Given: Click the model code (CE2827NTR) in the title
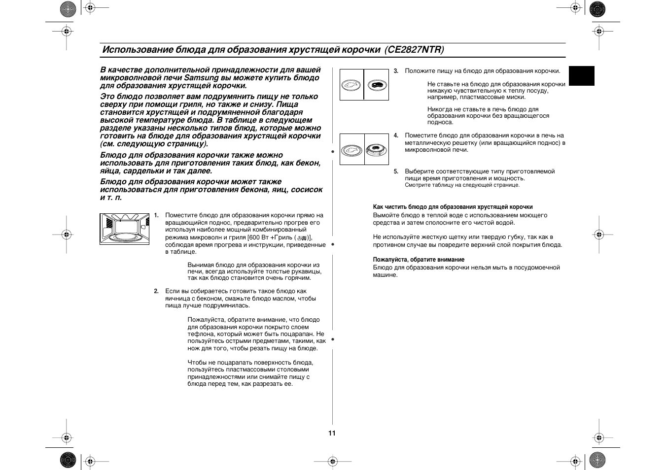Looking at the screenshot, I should (415, 50).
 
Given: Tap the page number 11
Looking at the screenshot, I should (332, 433).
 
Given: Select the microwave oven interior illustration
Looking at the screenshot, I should (124, 229).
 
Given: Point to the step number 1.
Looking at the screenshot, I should (156, 215).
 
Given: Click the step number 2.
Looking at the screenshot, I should (156, 291).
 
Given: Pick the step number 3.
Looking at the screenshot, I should (395, 71).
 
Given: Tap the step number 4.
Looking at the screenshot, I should (395, 135).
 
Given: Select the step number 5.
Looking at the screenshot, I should (395, 171).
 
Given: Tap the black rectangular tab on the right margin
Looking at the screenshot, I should (582, 76).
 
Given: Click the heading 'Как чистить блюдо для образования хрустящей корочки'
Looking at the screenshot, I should (453, 207).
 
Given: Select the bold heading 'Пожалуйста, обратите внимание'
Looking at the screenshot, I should (419, 260).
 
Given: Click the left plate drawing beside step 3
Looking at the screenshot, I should (351, 85).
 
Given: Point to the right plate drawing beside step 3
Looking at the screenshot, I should (377, 85).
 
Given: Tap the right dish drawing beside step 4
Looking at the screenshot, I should (377, 149).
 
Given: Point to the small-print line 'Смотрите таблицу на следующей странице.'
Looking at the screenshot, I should (462, 185).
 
